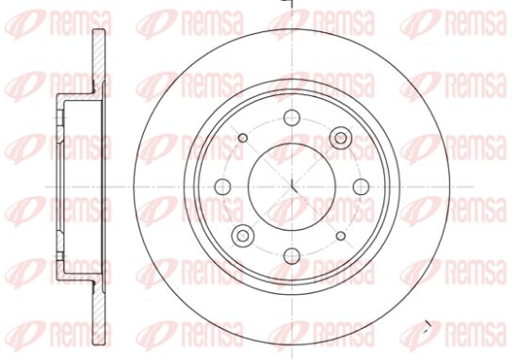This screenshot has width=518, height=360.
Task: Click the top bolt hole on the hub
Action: coord(292,118)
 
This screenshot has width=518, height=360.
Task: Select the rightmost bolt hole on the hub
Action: coord(361,187)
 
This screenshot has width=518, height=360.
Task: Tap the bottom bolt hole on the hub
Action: coord(292,256)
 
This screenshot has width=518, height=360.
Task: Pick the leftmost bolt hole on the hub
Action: coord(222,187)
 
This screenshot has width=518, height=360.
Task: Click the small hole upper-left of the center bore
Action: coord(243,138)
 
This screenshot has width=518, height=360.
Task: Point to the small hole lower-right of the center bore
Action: coord(341,236)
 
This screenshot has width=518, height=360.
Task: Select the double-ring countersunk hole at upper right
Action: coord(341,138)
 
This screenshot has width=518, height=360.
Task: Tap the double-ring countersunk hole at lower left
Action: coord(243,236)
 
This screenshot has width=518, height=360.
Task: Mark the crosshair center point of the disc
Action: coord(292,187)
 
